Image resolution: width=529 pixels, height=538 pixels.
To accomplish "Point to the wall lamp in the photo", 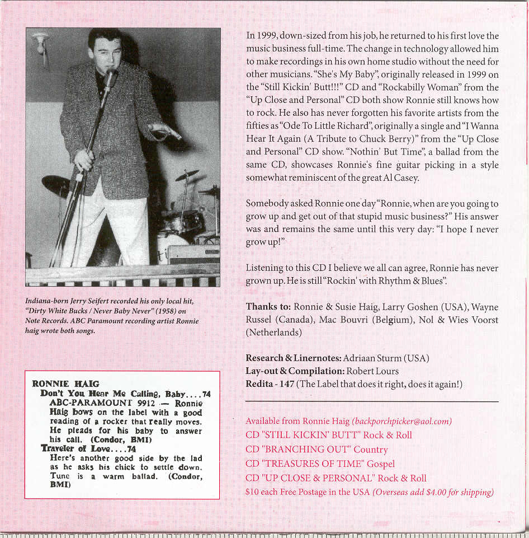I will click(40, 42).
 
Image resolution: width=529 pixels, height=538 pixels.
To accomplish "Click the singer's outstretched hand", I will click(166, 132).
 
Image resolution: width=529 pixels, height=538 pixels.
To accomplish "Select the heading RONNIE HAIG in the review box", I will click(65, 384).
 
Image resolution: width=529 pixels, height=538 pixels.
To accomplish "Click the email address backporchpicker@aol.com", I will click(402, 421).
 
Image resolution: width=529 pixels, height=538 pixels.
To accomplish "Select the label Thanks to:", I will click(268, 307).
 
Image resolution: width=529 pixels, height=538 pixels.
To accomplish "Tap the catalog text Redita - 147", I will click(270, 383).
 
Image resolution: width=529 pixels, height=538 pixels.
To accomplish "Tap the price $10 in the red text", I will click(253, 493).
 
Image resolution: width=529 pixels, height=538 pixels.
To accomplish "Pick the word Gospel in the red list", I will click(381, 464).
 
